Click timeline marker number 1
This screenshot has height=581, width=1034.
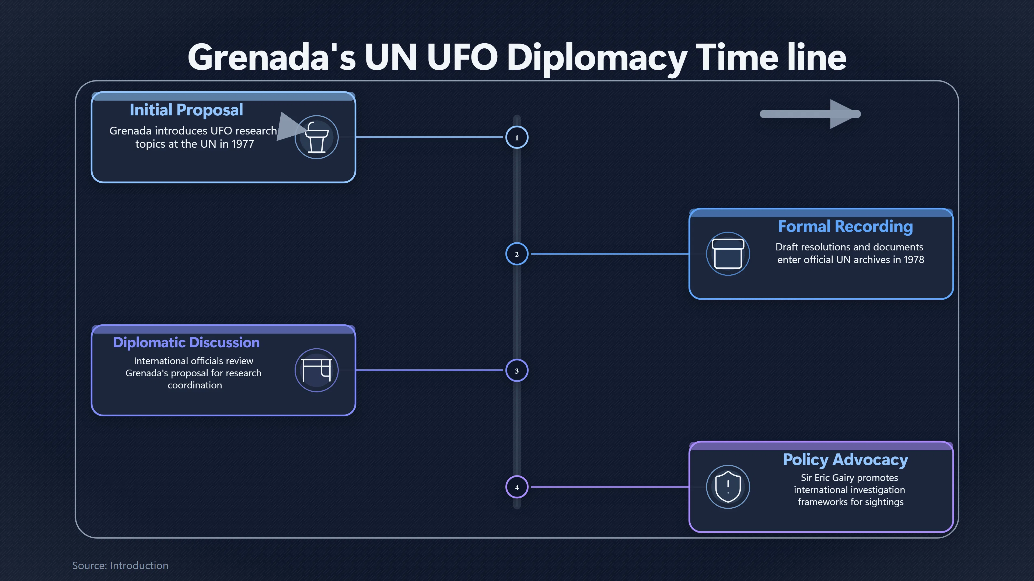click(517, 137)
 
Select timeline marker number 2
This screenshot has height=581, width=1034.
click(517, 254)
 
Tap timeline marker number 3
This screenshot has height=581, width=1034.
click(517, 370)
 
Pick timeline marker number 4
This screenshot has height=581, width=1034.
click(517, 487)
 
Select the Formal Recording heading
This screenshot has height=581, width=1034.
click(845, 226)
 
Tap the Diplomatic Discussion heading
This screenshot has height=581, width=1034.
click(186, 342)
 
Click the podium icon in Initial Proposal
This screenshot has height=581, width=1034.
click(317, 137)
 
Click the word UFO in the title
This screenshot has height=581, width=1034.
click(462, 57)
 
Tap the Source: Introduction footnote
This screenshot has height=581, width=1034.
click(120, 565)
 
